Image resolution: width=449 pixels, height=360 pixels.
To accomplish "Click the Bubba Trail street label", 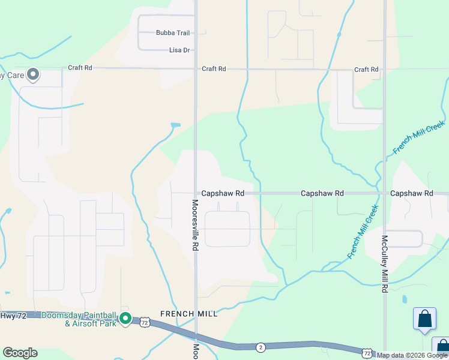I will [172, 32].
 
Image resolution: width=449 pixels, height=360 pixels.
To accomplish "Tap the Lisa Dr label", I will [180, 50].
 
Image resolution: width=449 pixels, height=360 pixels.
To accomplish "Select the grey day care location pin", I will [33, 74].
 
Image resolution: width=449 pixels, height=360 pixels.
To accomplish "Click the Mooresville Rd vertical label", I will [194, 225].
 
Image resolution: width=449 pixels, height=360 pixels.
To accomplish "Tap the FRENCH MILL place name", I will [188, 314].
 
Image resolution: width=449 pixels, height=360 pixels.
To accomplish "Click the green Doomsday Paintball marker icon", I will [125, 318].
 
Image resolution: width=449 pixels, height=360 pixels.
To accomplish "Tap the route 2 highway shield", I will [261, 347].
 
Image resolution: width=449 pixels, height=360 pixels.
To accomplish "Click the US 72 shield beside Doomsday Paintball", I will [145, 323].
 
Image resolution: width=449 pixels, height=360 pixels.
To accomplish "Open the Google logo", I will [20, 353].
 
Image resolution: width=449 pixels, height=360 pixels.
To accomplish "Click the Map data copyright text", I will [412, 355].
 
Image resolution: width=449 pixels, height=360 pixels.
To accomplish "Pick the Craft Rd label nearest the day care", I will [80, 68].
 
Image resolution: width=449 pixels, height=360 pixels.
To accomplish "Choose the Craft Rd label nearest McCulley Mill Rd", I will [366, 70].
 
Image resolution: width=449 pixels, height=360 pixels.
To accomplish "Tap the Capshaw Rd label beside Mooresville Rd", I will [223, 194].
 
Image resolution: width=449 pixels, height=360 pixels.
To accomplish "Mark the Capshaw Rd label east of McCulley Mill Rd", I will [411, 194].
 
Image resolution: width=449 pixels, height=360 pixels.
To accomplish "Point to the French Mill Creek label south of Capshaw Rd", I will [363, 233].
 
